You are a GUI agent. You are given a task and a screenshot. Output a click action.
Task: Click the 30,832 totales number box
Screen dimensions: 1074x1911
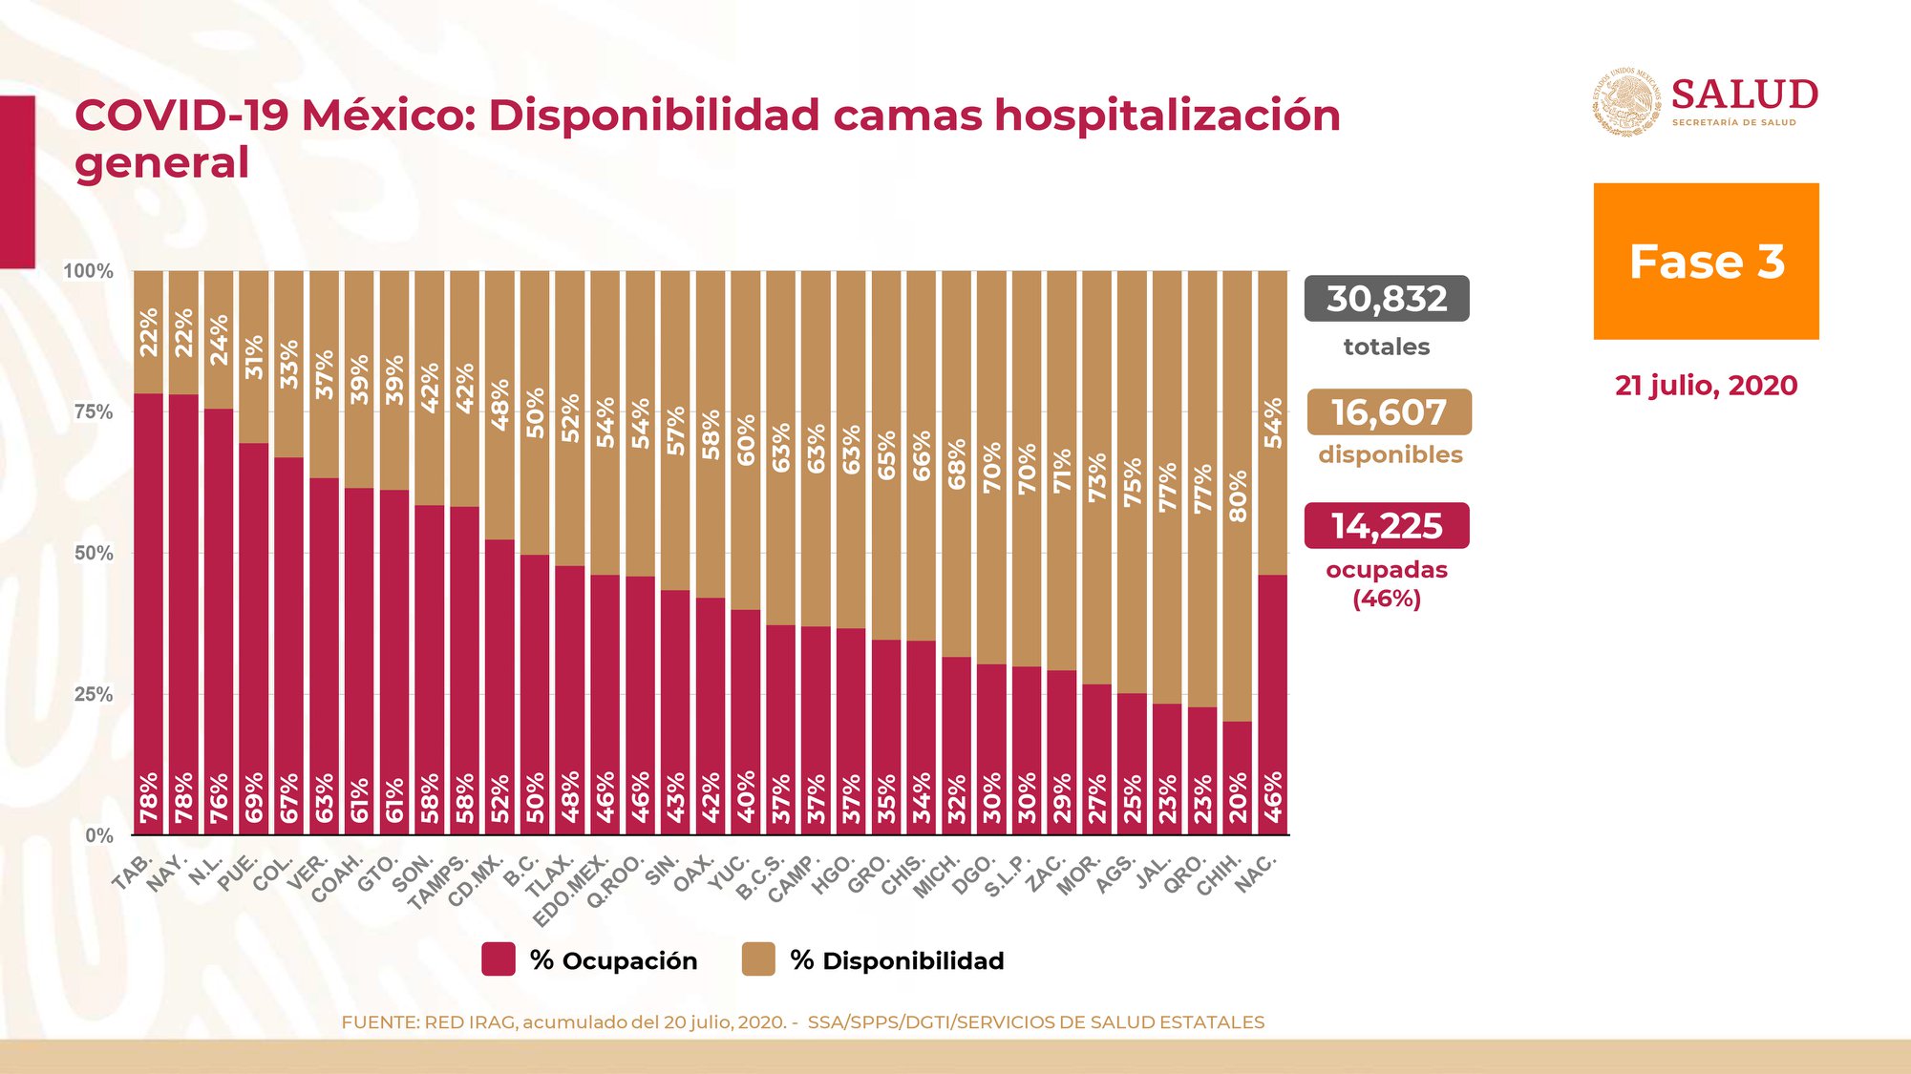click(1386, 299)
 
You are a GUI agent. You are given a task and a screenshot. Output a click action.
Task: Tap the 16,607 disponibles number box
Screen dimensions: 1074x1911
click(1389, 412)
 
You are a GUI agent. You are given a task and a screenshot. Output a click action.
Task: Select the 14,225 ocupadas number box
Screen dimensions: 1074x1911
click(1386, 526)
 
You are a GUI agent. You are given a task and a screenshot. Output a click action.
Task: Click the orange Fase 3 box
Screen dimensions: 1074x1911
click(1706, 261)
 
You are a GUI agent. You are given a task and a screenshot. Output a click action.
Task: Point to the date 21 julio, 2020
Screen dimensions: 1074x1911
click(1706, 386)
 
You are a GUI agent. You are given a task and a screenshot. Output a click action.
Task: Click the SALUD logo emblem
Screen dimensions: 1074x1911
click(1625, 102)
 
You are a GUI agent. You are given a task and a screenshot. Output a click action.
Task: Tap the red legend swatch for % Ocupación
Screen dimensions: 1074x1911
click(499, 959)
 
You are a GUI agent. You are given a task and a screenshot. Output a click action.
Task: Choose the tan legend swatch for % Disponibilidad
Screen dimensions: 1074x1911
click(758, 959)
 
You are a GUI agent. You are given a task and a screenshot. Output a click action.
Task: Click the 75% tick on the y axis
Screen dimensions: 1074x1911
click(94, 412)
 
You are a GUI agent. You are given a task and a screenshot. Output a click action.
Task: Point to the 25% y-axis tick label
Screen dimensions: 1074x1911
click(94, 695)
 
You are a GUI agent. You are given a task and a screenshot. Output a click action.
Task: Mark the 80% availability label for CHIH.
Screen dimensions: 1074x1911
click(1238, 495)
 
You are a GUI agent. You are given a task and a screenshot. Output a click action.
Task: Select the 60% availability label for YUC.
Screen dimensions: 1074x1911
click(746, 439)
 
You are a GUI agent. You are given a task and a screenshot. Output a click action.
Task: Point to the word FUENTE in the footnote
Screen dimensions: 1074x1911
click(378, 1022)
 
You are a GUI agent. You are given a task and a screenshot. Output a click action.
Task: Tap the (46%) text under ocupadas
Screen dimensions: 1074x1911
click(1386, 599)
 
